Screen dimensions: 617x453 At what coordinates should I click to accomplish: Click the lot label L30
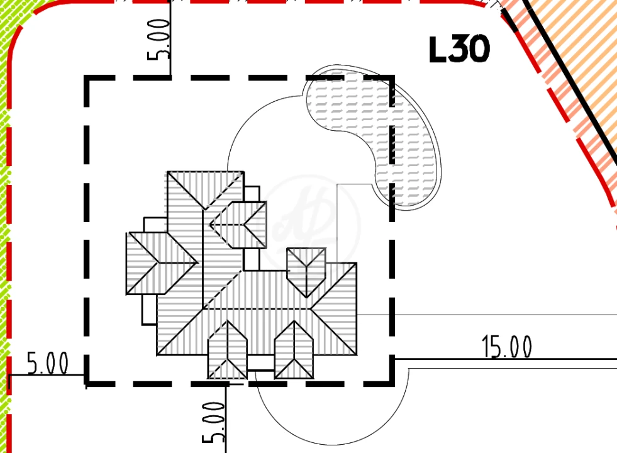coord(459,49)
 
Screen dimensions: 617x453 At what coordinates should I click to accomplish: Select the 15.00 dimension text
coord(507,347)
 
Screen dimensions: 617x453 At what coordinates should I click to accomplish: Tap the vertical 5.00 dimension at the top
coord(158,40)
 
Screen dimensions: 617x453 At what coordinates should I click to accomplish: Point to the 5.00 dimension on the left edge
coord(47,363)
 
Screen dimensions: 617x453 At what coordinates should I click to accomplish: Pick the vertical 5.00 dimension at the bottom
coord(214,422)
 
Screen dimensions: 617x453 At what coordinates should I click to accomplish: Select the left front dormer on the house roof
coord(228,350)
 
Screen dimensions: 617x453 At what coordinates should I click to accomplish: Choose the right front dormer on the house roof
coord(294,350)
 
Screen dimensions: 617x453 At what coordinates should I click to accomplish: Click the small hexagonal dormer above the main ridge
coord(306,272)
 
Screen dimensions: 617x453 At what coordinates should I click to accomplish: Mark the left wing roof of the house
coord(162,263)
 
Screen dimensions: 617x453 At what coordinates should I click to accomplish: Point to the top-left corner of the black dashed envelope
coord(87,78)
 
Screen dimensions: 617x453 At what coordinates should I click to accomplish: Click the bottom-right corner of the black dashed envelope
coord(392,383)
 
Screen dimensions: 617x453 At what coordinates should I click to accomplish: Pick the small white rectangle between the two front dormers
coord(260,362)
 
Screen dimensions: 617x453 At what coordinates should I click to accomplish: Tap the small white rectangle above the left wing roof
coord(155,225)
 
